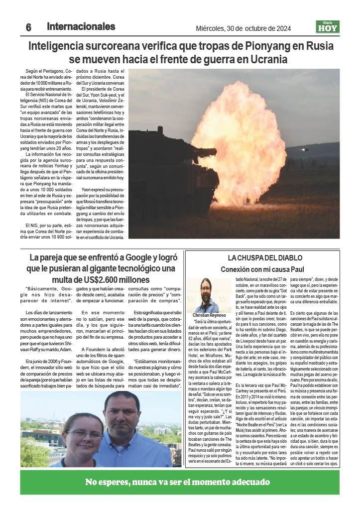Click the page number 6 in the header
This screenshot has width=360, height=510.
click(x=28, y=28)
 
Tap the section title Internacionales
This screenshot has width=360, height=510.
click(x=81, y=27)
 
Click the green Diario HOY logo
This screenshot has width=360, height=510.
click(x=328, y=27)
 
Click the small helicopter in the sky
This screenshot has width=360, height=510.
click(x=305, y=149)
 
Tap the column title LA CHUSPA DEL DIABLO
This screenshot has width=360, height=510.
click(x=265, y=258)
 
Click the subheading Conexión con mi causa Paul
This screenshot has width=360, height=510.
click(x=263, y=269)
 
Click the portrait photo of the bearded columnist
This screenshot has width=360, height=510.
click(x=206, y=295)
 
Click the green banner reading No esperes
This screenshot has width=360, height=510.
click(x=179, y=482)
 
